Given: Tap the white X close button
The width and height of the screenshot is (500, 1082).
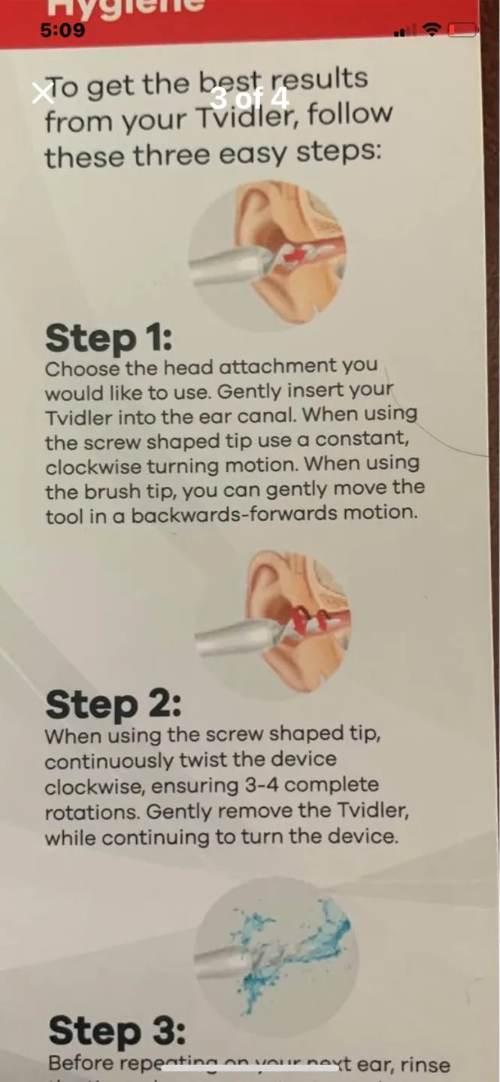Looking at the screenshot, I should (x=43, y=92).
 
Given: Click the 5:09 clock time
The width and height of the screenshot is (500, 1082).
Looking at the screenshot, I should (x=62, y=31).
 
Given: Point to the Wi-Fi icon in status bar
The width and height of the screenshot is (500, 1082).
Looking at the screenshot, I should (x=432, y=30).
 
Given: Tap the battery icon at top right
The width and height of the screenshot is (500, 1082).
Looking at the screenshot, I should (x=462, y=30).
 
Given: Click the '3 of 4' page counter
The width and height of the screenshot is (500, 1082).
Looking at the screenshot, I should (x=249, y=98).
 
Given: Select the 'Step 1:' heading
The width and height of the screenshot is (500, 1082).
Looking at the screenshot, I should (x=108, y=338).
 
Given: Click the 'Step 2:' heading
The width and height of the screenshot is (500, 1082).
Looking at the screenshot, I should (x=113, y=704).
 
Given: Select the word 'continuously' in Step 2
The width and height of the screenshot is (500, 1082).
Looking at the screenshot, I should (x=108, y=760).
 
